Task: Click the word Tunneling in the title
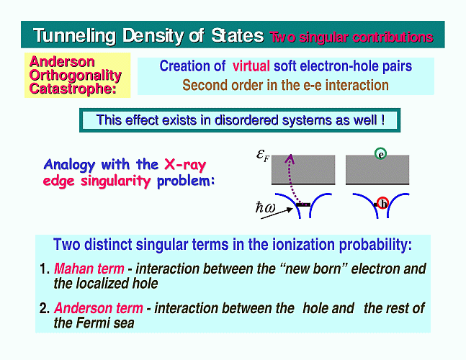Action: (74, 36)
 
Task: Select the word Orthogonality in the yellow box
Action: (75, 76)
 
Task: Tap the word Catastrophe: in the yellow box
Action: (73, 89)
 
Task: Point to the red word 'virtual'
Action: (251, 66)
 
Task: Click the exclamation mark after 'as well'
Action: (382, 120)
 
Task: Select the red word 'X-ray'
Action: (185, 164)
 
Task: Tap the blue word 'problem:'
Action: (186, 181)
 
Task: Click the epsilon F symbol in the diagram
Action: (262, 155)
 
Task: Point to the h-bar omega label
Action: (265, 207)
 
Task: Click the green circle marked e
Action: (381, 153)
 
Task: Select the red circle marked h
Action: (382, 203)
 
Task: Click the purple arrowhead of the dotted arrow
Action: (290, 159)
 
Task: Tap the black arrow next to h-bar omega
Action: (277, 214)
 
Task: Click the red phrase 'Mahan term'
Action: (89, 269)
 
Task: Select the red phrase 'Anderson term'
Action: (99, 308)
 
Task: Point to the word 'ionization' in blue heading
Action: (303, 245)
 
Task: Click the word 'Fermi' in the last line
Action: (92, 323)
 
